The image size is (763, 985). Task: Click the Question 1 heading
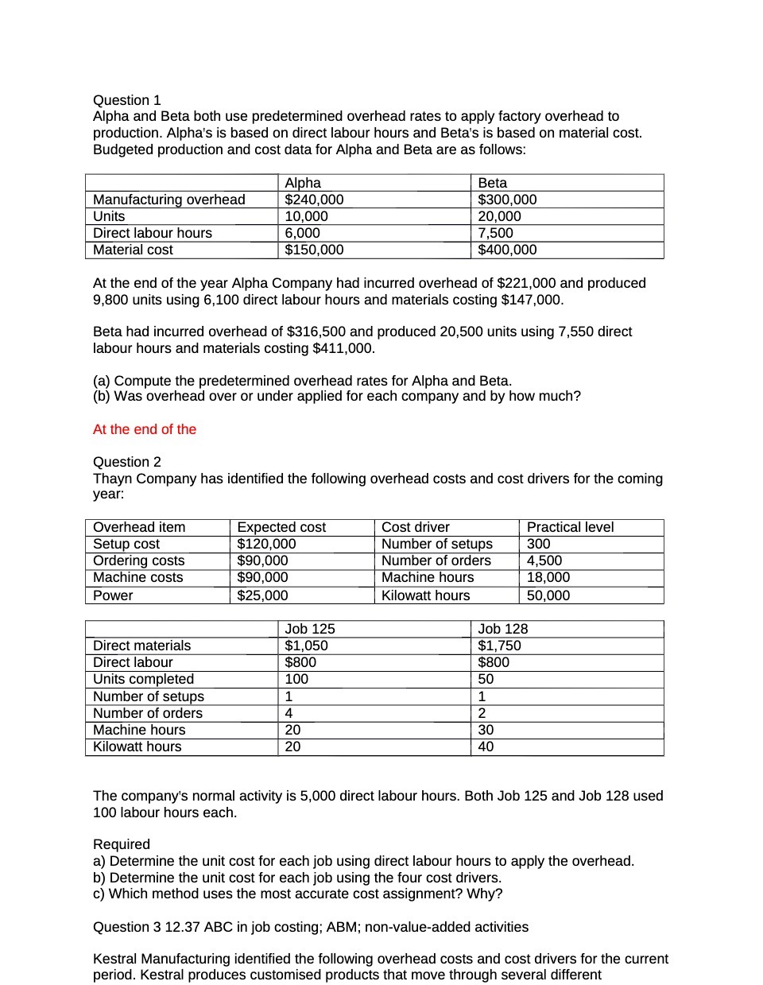point(127,100)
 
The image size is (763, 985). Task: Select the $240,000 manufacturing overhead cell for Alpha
point(315,200)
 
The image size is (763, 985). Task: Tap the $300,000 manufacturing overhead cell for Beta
point(507,200)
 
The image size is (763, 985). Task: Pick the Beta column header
point(493,183)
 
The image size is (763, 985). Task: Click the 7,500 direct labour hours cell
point(495,233)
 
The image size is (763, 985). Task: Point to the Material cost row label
point(133,250)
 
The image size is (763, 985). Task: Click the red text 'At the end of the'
point(145,429)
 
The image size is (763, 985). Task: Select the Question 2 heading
point(127,462)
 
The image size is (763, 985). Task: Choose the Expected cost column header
point(281,527)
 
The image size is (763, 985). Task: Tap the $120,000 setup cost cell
point(266,544)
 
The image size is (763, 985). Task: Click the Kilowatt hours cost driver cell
point(425,595)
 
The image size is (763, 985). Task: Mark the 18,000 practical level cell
point(548,577)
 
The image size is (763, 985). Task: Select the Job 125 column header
point(310,629)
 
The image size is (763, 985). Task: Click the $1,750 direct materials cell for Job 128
point(499,646)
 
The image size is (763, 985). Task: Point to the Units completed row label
point(143,679)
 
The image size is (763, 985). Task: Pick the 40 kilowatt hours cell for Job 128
point(486,747)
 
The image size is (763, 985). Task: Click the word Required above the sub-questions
point(122,844)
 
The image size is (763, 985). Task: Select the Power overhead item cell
point(113,595)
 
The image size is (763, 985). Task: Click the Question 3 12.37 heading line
point(310,927)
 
